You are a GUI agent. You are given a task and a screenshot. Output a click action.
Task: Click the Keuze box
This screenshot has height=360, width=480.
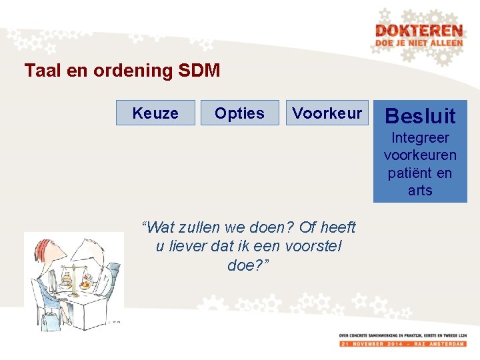click(155, 113)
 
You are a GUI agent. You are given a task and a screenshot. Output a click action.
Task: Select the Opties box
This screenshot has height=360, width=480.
click(239, 113)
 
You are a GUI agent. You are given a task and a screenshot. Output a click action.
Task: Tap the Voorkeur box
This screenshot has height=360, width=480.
click(327, 113)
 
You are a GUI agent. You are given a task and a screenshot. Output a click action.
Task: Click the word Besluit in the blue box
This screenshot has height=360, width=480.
click(420, 116)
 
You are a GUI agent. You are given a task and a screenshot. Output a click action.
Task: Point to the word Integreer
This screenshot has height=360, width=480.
click(420, 138)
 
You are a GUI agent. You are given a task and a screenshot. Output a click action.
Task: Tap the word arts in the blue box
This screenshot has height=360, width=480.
click(420, 191)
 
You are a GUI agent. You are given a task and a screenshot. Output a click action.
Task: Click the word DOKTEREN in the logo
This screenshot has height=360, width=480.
click(419, 31)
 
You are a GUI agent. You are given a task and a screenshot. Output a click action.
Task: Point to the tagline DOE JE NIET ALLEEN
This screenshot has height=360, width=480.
click(419, 43)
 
